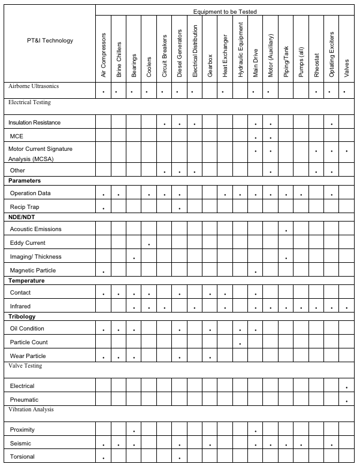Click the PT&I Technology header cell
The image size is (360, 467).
[50, 41]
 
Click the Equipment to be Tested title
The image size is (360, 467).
[225, 12]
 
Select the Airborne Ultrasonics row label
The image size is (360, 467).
[34, 86]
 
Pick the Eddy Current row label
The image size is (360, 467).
[28, 243]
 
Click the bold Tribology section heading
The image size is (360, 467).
[22, 316]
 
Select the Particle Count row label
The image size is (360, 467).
[29, 342]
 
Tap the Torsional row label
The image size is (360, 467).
[22, 457]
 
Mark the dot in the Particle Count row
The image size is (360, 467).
[240, 344]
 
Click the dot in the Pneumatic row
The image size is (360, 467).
[347, 401]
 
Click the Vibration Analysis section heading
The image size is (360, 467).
[31, 410]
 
